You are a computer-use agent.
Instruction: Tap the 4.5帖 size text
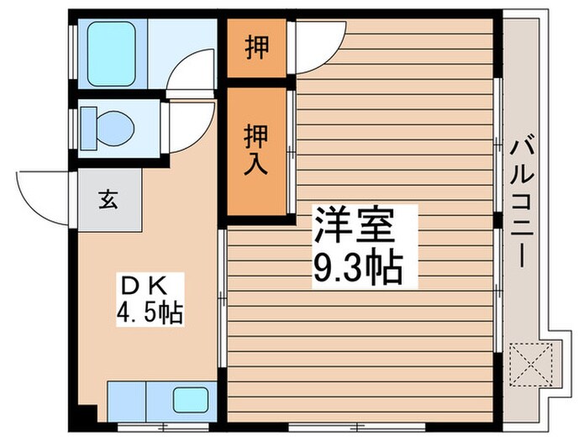coord(150,312)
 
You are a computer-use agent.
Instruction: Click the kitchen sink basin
coord(188,398)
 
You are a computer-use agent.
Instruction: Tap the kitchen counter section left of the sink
coord(127,396)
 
